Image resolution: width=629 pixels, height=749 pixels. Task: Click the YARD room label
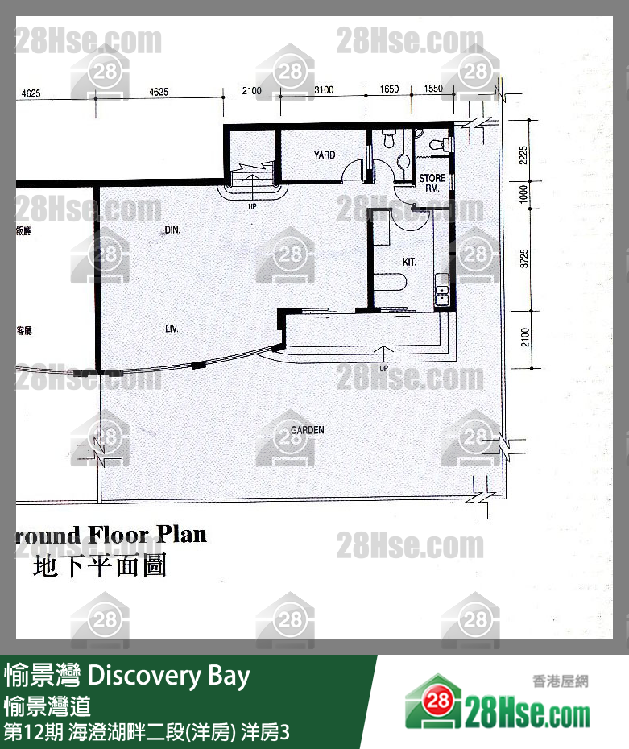point(325,155)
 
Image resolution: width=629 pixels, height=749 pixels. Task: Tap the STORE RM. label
point(432,183)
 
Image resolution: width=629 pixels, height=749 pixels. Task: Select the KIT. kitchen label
point(410,263)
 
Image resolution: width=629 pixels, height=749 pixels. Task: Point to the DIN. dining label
point(172,230)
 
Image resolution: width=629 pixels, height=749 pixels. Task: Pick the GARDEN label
point(307,430)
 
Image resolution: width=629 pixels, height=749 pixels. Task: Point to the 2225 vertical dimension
point(524,155)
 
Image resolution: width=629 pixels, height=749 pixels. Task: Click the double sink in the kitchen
point(441,292)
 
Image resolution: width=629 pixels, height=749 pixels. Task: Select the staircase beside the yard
point(251,176)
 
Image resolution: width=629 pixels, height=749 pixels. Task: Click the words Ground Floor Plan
point(111,536)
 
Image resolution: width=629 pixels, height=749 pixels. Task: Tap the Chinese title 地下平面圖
point(100,566)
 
